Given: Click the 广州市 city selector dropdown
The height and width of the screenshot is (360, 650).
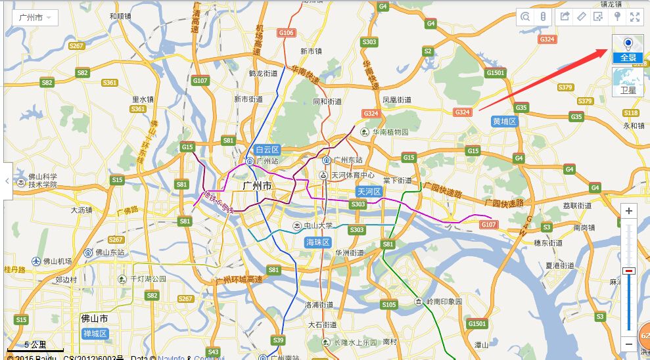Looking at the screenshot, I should coord(35,18).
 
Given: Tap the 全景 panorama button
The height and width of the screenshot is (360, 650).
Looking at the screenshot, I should coord(628,49).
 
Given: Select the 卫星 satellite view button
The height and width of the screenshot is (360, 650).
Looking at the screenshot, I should coord(628,82).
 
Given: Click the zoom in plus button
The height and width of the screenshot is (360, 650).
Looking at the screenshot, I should coord(629,211).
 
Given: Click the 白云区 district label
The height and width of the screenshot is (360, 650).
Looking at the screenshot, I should coord(267,150).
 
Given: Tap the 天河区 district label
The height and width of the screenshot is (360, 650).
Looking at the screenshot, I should coord(369,191).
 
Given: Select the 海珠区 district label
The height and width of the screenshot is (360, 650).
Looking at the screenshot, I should coord(319,242).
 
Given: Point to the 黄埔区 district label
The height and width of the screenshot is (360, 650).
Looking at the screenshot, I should coord(505,122).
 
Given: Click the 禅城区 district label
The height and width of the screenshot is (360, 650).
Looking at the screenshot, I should coord(95,334).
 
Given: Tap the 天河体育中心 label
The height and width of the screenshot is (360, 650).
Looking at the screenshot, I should coord(352,175).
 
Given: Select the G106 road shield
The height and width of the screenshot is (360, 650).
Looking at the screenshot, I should coord(286,32).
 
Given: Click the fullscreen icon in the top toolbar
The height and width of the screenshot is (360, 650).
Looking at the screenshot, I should coord(635,17).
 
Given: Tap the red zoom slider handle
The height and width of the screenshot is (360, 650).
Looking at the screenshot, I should coord(629,271).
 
